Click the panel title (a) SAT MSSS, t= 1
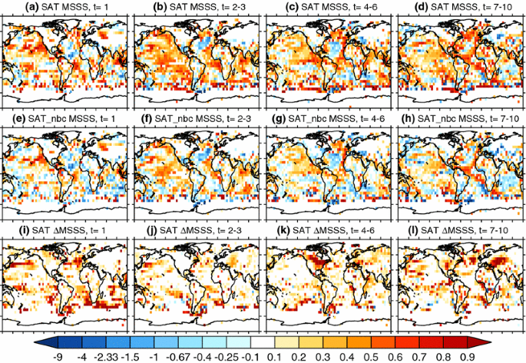[x=66, y=8]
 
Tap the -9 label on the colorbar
[x=57, y=356]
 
